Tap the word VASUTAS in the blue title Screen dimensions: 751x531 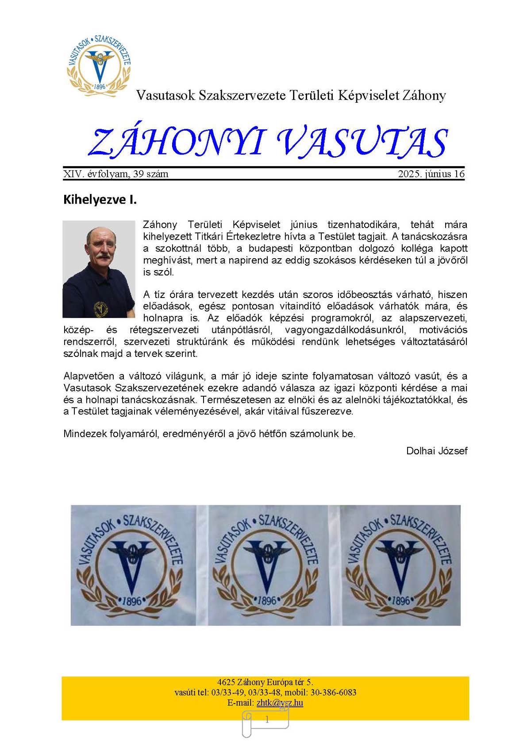point(362,143)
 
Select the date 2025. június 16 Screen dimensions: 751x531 point(431,174)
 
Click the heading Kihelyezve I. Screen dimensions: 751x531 point(100,200)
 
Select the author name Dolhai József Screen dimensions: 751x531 point(437,451)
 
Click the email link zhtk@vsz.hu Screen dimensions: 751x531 point(280,703)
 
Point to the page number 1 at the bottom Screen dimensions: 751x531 point(267,720)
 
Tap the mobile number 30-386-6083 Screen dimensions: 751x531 point(332,693)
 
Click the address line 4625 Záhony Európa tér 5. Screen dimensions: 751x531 point(265,682)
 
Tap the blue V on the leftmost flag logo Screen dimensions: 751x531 point(131,569)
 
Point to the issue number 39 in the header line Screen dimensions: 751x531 point(139,174)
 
